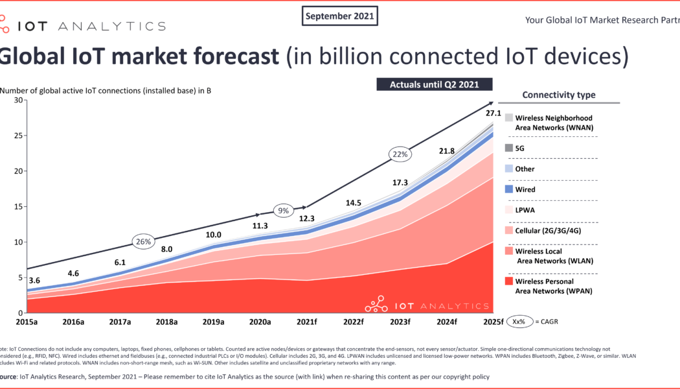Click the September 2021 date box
[340, 16]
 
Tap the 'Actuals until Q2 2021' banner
[435, 84]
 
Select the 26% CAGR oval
[142, 242]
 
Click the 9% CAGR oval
[284, 210]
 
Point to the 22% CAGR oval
[398, 154]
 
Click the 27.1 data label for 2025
[493, 113]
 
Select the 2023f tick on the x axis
[400, 322]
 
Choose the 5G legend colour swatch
[509, 148]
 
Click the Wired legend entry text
[525, 190]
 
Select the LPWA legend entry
[525, 211]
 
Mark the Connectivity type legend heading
[559, 95]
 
